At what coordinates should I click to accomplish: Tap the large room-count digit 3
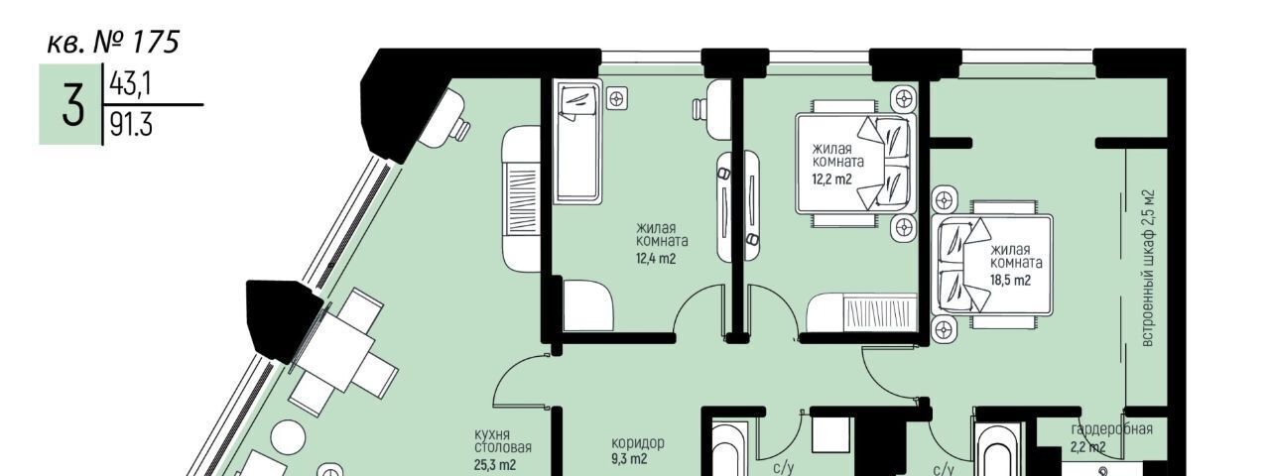point(72,104)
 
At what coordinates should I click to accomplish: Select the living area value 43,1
point(130,84)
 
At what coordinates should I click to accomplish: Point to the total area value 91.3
point(131,124)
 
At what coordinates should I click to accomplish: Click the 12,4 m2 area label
point(656,259)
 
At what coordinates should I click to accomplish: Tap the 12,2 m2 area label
point(831,179)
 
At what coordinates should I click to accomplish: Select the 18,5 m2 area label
point(1011,280)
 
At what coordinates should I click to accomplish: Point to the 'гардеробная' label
point(1112,429)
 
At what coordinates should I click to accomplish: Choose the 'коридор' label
point(638,442)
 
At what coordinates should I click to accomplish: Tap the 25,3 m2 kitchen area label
point(495,465)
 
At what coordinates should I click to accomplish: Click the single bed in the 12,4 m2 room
point(577,142)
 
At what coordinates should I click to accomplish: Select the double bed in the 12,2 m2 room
point(856,164)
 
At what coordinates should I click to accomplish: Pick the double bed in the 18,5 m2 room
point(992,264)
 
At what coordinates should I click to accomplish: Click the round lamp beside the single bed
point(616,100)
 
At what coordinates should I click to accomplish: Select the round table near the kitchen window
point(289,436)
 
